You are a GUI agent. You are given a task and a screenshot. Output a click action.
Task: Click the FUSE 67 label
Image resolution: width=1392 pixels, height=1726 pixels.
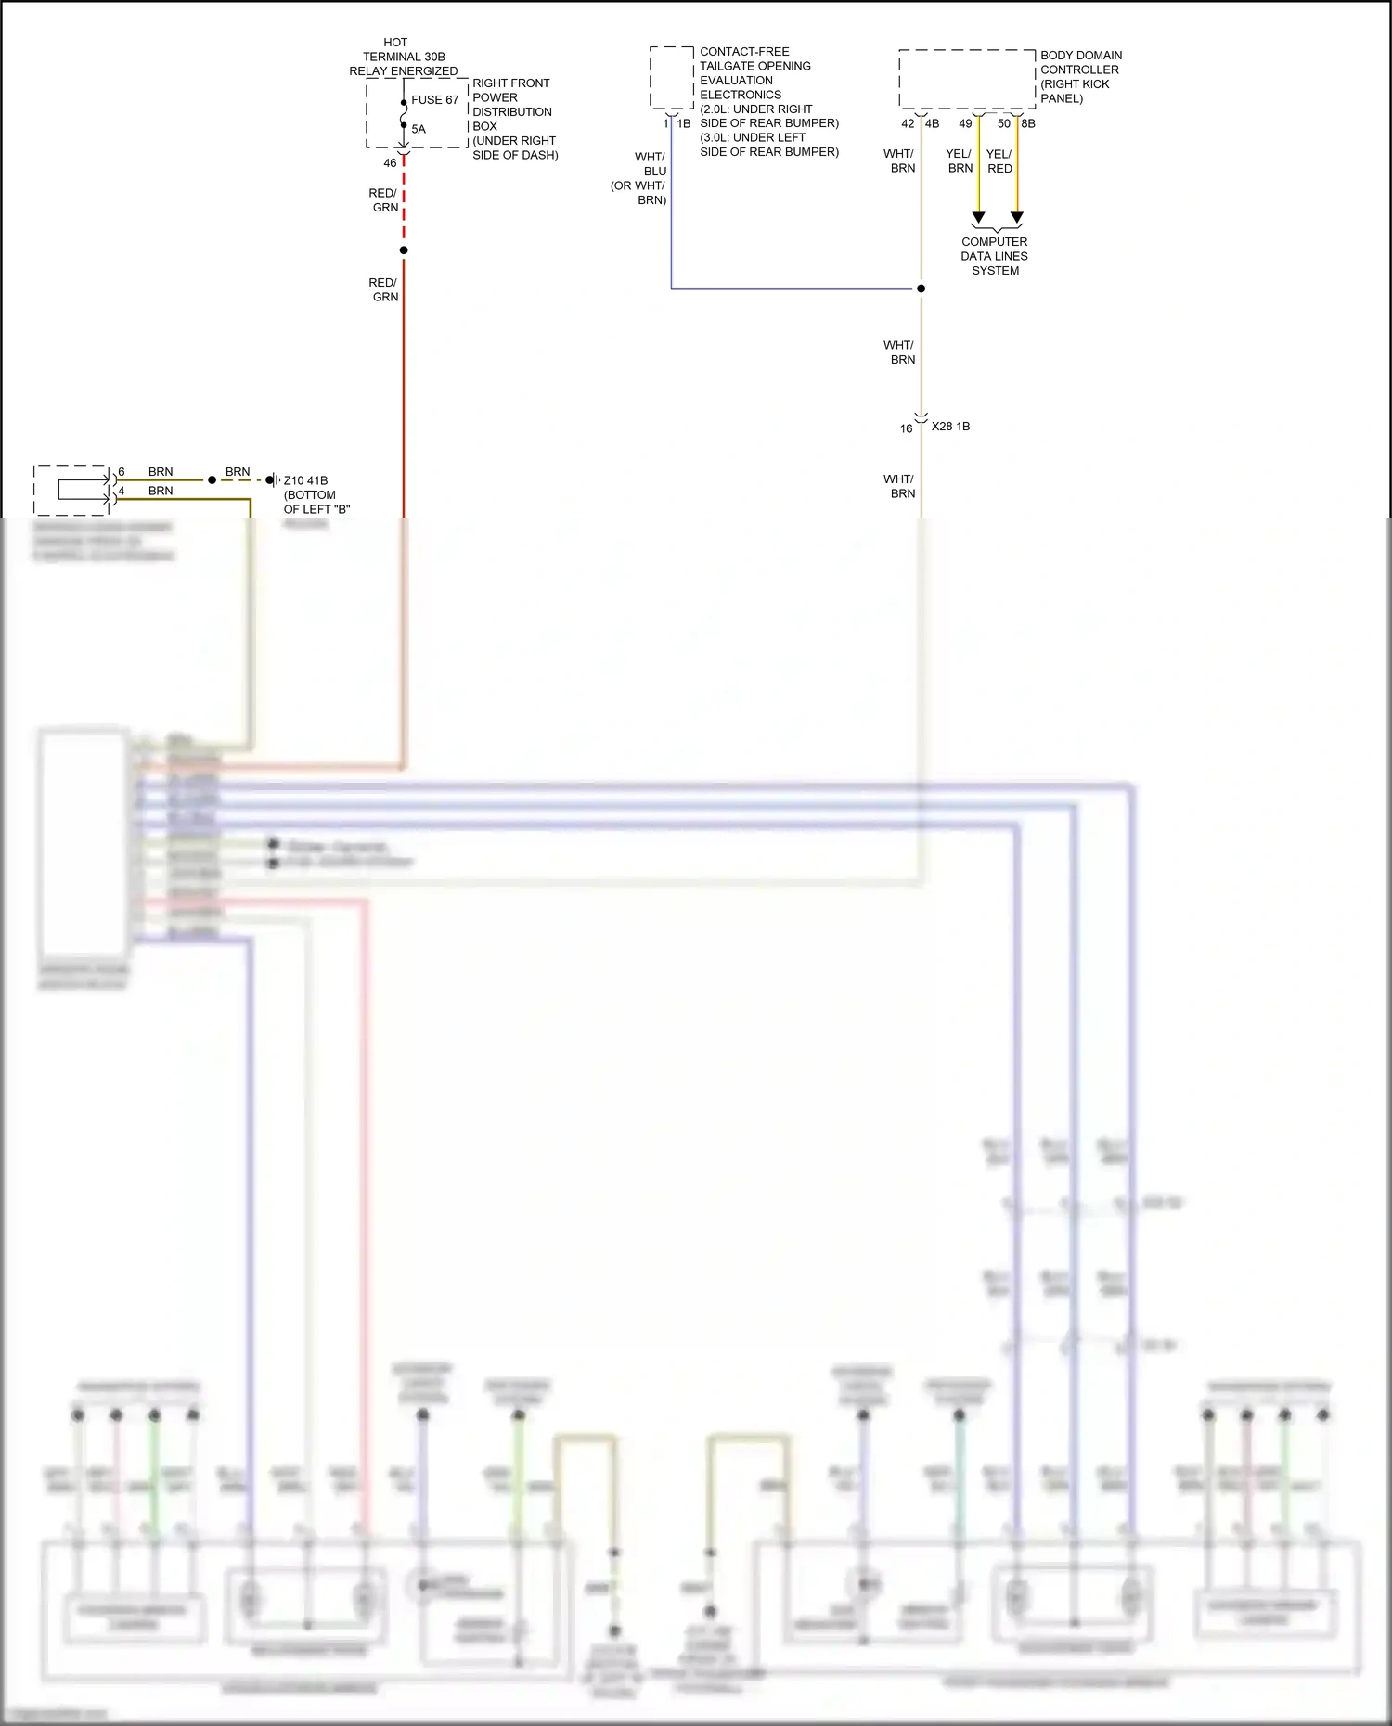tap(434, 100)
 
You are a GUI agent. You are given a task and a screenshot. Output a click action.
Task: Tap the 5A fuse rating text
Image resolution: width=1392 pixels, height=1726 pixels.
tap(419, 130)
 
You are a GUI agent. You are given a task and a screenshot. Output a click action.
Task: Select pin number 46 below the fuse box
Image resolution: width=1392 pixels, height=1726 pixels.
tap(390, 163)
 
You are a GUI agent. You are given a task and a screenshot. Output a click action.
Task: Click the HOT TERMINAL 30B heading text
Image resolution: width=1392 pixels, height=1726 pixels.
tap(403, 57)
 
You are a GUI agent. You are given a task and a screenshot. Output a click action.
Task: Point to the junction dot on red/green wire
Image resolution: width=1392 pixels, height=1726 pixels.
tap(404, 250)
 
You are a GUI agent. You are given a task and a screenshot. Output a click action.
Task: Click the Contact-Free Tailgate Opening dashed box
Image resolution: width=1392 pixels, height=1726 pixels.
tap(671, 78)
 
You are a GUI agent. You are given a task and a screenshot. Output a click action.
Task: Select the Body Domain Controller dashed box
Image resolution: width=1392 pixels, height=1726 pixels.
tap(966, 80)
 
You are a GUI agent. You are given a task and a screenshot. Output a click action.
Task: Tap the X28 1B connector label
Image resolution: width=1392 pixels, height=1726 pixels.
tap(950, 427)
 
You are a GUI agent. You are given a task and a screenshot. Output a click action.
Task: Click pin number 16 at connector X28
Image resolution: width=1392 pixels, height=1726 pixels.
tap(906, 428)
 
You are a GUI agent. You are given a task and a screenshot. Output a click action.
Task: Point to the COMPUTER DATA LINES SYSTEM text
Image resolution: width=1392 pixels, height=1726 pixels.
tap(995, 256)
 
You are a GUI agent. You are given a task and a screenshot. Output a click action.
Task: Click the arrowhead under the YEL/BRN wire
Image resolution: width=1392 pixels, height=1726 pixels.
tap(978, 218)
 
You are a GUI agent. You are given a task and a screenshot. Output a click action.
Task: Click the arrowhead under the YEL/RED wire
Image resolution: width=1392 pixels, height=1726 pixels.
tap(1017, 218)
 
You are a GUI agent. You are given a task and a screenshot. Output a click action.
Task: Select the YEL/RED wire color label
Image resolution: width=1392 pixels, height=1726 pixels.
tap(999, 161)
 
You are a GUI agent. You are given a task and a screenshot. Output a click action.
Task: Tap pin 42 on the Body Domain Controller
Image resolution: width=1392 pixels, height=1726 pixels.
tap(908, 123)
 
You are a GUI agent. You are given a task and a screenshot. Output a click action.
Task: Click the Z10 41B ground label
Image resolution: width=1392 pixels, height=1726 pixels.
tap(305, 480)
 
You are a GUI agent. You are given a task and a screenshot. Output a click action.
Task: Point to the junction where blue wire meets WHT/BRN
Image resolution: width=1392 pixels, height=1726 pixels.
tap(922, 288)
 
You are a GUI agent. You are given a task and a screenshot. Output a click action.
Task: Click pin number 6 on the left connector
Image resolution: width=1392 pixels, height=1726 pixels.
tap(122, 472)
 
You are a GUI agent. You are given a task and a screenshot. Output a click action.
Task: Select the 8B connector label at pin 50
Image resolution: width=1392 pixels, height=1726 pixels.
tap(1028, 123)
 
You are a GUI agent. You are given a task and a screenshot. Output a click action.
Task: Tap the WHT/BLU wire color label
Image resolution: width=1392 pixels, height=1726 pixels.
tap(651, 164)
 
